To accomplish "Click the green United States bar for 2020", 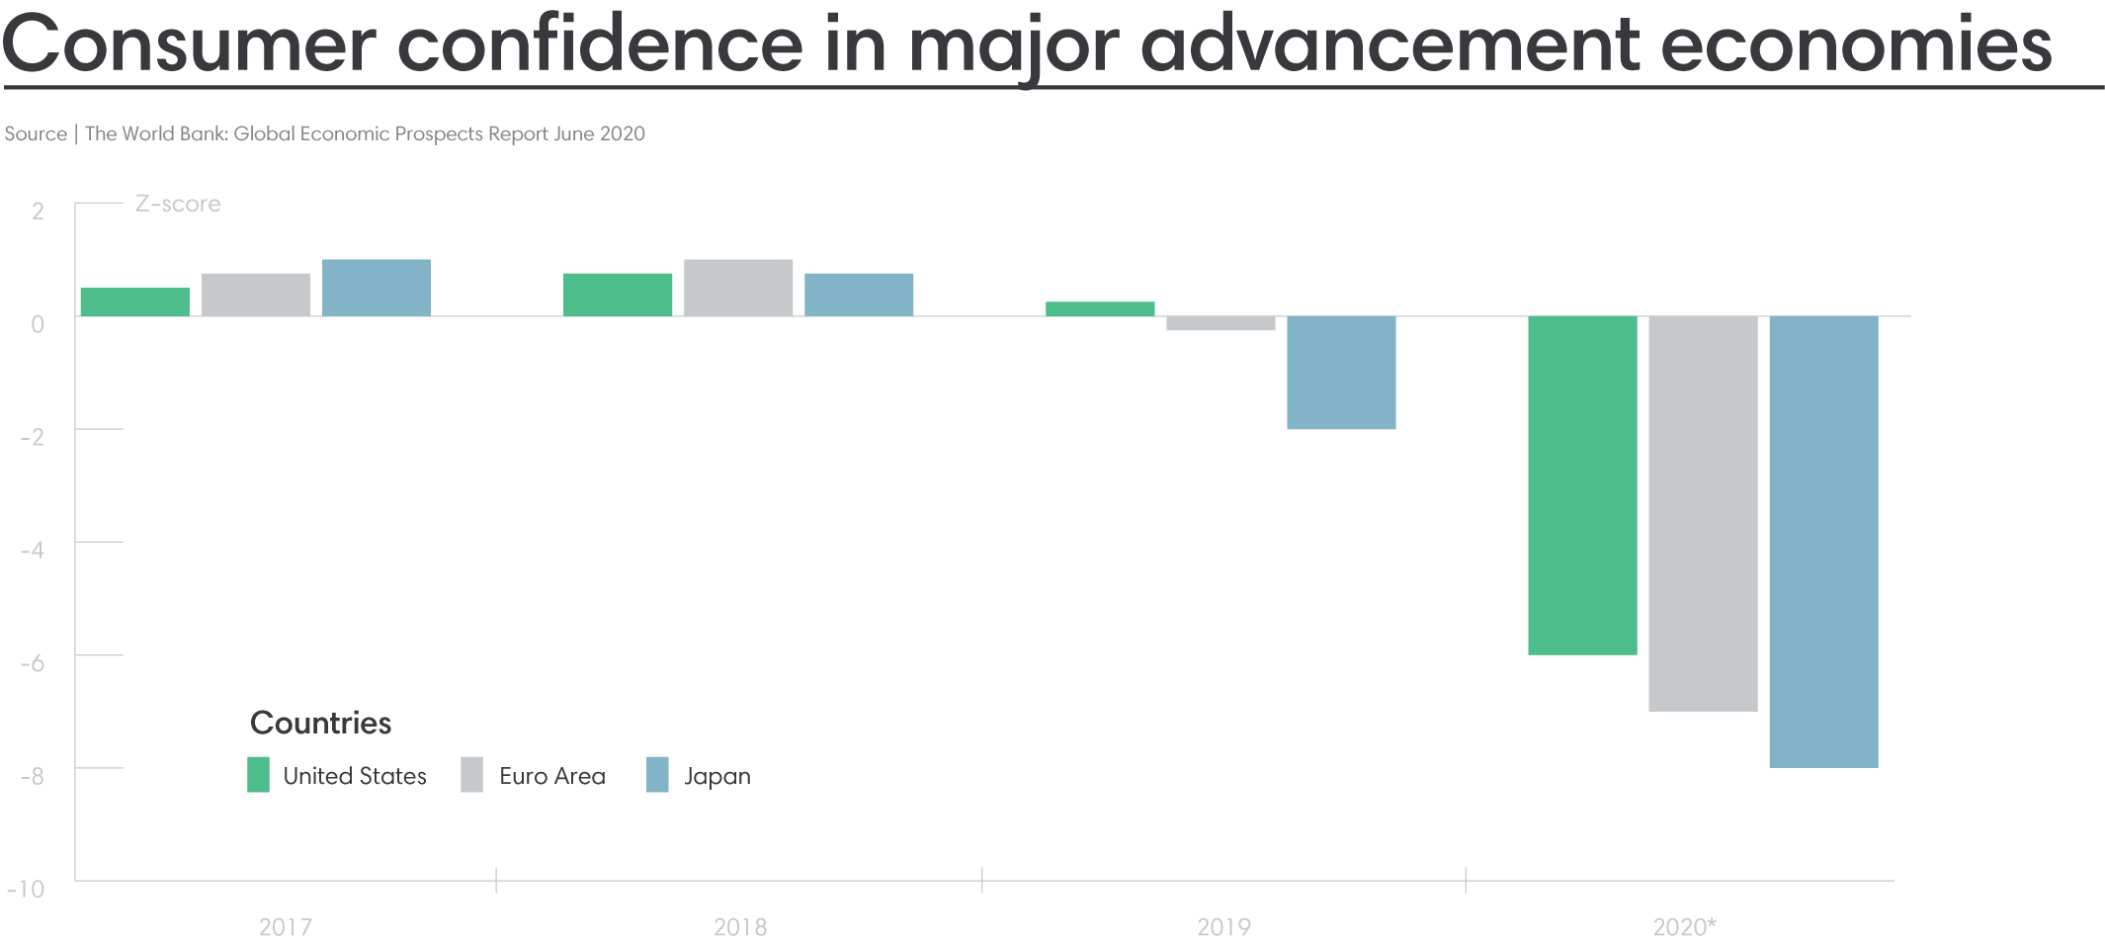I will (x=1582, y=485).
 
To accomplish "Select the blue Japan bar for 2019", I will (x=1341, y=373).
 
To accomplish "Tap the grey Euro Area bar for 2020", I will (x=1703, y=513).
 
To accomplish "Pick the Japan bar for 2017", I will (x=377, y=288).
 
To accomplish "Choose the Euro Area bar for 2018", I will (x=738, y=288).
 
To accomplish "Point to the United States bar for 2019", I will (x=1100, y=308).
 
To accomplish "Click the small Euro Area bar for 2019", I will (x=1221, y=323).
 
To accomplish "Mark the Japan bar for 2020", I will (x=1823, y=542).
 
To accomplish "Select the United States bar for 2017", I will (x=134, y=301).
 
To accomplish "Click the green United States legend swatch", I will (x=258, y=775).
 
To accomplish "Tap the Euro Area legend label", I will (x=551, y=776).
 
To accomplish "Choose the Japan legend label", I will (x=716, y=776).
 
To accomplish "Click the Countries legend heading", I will (x=320, y=723).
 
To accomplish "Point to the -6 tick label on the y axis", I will (x=33, y=663).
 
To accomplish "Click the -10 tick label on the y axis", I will (x=27, y=889).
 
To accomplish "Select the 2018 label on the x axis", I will (x=739, y=927).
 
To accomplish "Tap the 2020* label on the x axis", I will (x=1684, y=927).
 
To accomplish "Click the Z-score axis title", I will (x=178, y=204).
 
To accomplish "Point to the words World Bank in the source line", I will (x=174, y=133).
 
